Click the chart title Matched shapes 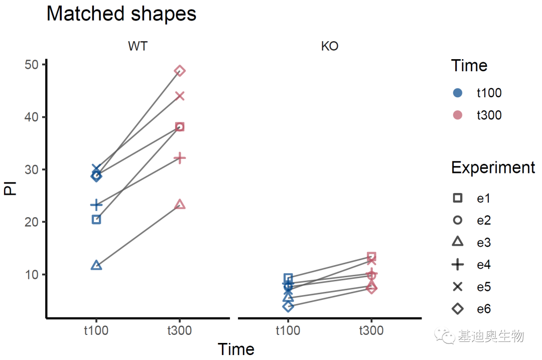pyautogui.click(x=121, y=14)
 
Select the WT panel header pyautogui.click(x=138, y=47)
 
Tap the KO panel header pyautogui.click(x=329, y=47)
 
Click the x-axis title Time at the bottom pyautogui.click(x=236, y=349)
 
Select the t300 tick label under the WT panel pyautogui.click(x=180, y=330)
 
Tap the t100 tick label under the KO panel pyautogui.click(x=288, y=330)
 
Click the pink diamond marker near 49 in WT pyautogui.click(x=180, y=71)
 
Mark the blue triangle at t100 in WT pyautogui.click(x=96, y=265)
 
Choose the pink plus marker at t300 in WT pyautogui.click(x=180, y=158)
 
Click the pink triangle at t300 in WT pyautogui.click(x=180, y=205)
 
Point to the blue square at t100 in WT pyautogui.click(x=96, y=220)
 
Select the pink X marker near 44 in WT pyautogui.click(x=180, y=96)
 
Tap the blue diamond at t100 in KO pyautogui.click(x=288, y=306)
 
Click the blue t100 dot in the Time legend pyautogui.click(x=457, y=93)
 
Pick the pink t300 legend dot pyautogui.click(x=457, y=115)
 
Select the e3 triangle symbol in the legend pyautogui.click(x=457, y=242)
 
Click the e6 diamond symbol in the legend pyautogui.click(x=457, y=309)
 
